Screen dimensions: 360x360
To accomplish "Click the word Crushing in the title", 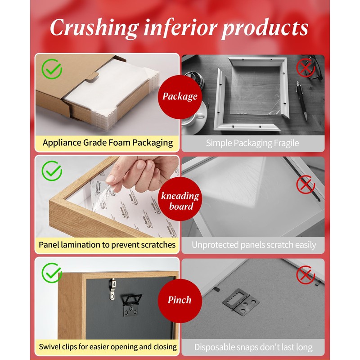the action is (x=94, y=28).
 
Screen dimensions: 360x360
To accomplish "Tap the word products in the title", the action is (x=265, y=28).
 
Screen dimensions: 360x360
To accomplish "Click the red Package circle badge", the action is (x=180, y=97).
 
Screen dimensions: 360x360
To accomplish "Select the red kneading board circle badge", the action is (x=180, y=199).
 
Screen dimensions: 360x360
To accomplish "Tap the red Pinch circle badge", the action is (x=180, y=301).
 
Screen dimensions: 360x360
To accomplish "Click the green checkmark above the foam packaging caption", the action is (x=52, y=69).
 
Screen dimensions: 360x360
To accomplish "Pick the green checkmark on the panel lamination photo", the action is (x=52, y=171).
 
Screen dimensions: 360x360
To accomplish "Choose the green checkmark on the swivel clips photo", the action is (x=52, y=273).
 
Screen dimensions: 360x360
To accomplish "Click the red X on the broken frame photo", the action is (x=306, y=68).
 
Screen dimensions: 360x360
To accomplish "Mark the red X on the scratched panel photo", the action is (x=306, y=184).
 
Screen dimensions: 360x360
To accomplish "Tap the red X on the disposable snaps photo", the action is (x=306, y=275).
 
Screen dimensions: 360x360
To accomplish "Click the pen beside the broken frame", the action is (x=301, y=101).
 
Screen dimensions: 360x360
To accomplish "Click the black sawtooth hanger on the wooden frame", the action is (x=132, y=305).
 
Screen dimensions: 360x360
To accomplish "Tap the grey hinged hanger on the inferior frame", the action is (x=241, y=301).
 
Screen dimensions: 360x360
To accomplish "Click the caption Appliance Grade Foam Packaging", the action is (x=108, y=143).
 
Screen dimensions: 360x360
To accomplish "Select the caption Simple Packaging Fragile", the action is (x=252, y=143).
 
